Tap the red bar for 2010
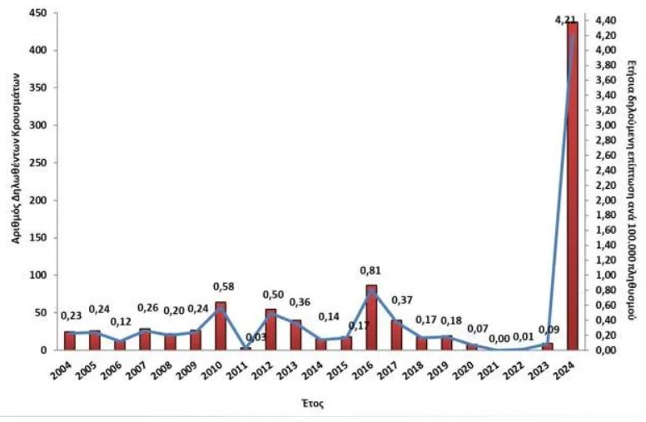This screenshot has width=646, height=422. pyautogui.click(x=221, y=326)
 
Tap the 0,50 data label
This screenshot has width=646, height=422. pyautogui.click(x=273, y=295)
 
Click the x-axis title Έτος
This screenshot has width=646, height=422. pyautogui.click(x=312, y=403)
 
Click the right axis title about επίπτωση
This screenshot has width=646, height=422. pyautogui.click(x=632, y=179)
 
